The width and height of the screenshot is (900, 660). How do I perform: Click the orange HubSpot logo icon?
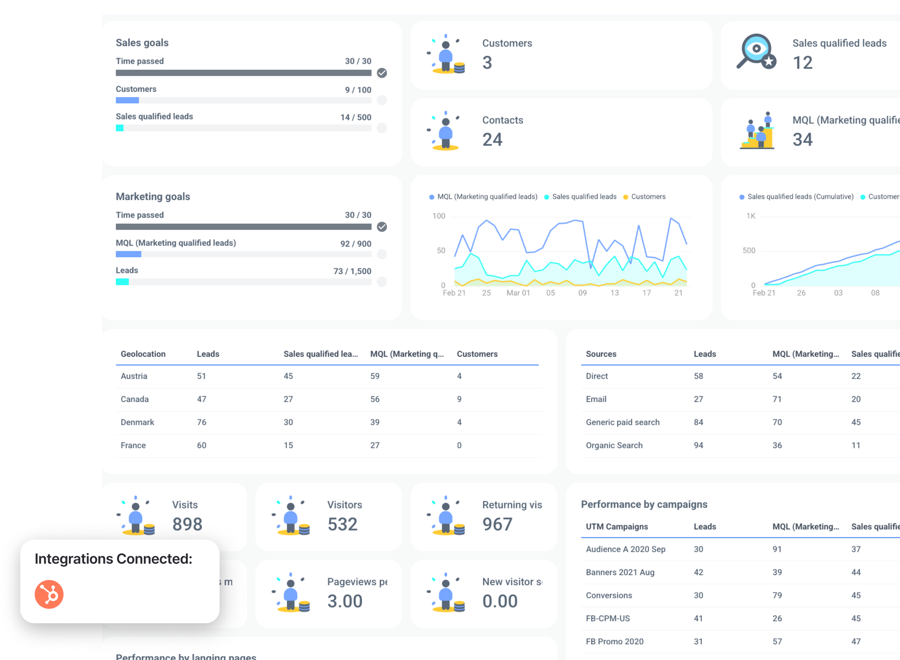49,594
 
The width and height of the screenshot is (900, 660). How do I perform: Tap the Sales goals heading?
142,42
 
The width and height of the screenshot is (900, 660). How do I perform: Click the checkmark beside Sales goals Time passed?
382,73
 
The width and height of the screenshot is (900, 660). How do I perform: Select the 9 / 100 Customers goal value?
358,90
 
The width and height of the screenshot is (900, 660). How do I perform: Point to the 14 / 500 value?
356,117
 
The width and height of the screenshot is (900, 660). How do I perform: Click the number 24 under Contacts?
492,139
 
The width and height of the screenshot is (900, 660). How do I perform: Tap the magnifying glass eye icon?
756,51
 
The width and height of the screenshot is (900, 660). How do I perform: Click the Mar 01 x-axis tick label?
518,293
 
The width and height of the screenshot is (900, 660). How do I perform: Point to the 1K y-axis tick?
751,216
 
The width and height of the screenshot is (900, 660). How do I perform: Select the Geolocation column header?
143,354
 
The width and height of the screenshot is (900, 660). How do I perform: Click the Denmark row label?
137,422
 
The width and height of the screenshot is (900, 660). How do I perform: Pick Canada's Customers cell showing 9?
459,399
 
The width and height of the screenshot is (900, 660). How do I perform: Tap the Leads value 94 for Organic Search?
698,445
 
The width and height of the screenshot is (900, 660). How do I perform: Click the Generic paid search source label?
622,422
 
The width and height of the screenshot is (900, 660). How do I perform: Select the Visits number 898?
187,524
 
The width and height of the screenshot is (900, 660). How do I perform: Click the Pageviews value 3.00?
344,601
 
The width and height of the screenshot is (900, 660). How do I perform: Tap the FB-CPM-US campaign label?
608,618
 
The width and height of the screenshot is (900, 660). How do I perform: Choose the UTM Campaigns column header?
616,527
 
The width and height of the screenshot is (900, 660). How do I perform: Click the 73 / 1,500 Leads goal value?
352,271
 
